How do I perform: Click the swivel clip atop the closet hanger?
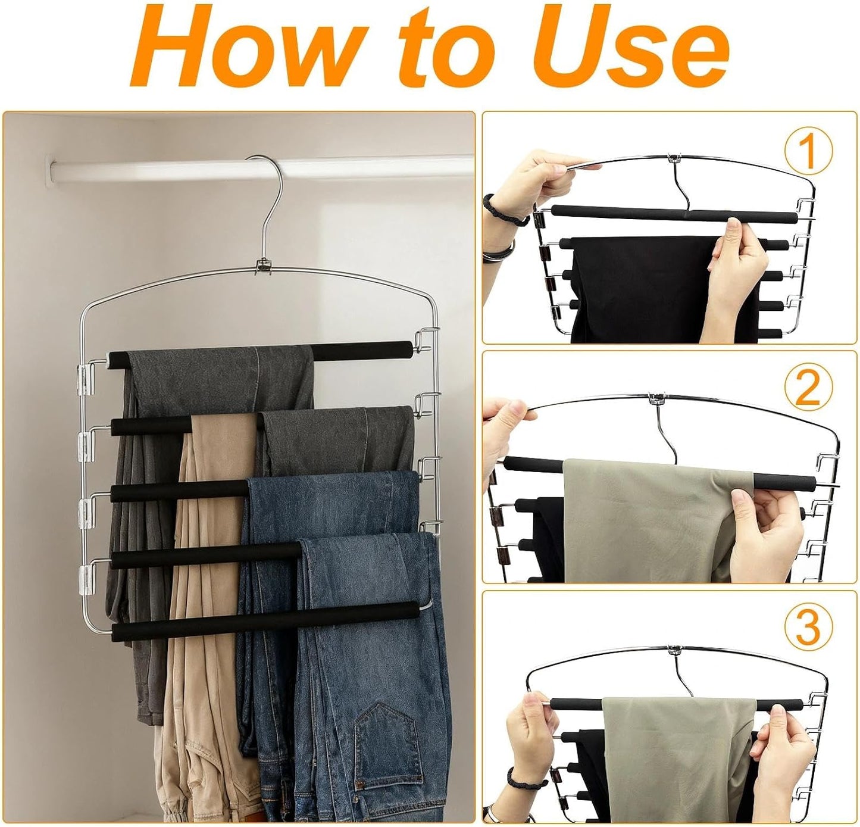[x=264, y=267]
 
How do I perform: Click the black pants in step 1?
[x=658, y=289]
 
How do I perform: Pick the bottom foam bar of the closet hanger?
[x=265, y=621]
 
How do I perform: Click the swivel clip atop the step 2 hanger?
[x=656, y=399]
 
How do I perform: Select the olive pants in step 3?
[x=678, y=756]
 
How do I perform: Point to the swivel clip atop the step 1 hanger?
[x=673, y=158]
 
